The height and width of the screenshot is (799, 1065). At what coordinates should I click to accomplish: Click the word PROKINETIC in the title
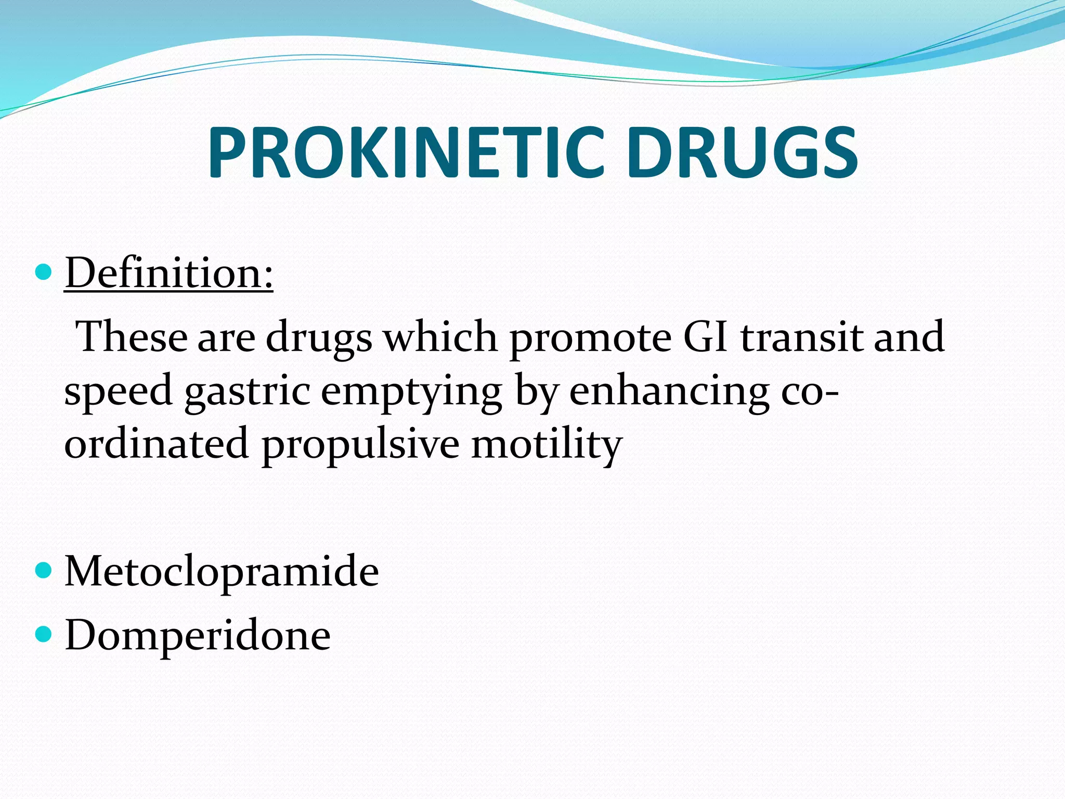pyautogui.click(x=406, y=153)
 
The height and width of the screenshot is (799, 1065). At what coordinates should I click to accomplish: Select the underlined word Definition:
pyautogui.click(x=168, y=274)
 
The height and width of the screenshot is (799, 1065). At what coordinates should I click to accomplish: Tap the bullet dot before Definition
pyautogui.click(x=45, y=272)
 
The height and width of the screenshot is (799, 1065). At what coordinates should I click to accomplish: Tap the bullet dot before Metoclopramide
pyautogui.click(x=45, y=571)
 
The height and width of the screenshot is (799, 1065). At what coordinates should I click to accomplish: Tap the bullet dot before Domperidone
pyautogui.click(x=45, y=634)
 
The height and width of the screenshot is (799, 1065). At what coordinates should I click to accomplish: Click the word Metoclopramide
pyautogui.click(x=222, y=572)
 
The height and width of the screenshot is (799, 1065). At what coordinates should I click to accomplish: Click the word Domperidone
pyautogui.click(x=198, y=635)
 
